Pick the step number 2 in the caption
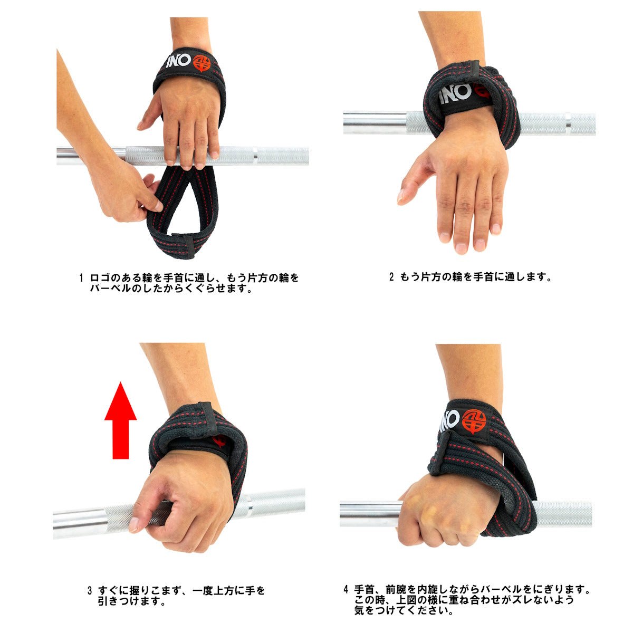pos(391,276)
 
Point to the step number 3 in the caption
pos(90,590)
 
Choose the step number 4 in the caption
pos(346,589)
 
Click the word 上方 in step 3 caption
pos(224,590)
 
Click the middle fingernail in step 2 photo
pos(461,247)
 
